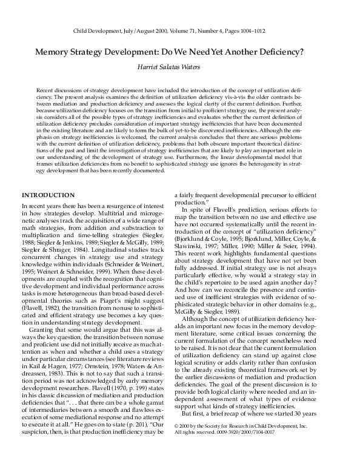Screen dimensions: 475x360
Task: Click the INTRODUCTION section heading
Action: coord(48,195)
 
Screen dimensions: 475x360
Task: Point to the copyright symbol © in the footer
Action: coord(185,460)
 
